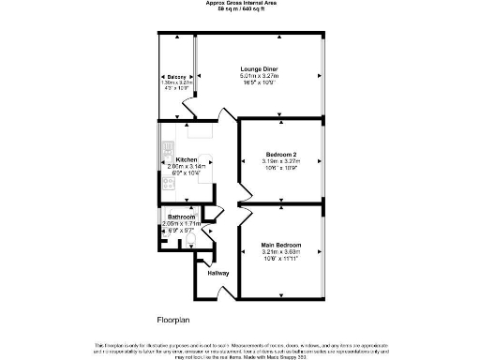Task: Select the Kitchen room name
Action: coord(186,160)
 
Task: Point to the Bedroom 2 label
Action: coord(282,154)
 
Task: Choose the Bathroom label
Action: coord(181,217)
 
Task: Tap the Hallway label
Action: coord(218,273)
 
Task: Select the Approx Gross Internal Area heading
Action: coord(240,4)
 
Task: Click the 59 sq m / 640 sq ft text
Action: coord(240,10)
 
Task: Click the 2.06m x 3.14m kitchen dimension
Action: coord(186,167)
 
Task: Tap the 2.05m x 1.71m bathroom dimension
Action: coord(181,224)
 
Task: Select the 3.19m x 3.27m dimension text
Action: coord(282,160)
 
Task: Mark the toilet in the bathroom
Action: coord(190,242)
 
